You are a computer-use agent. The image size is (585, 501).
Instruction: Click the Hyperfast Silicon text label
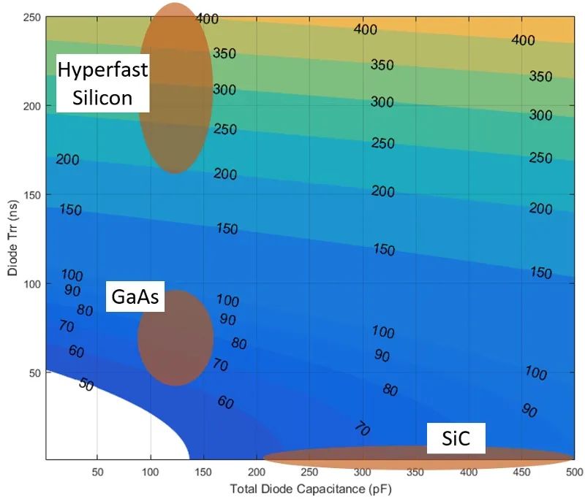(103, 83)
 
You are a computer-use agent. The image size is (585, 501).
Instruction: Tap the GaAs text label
(135, 297)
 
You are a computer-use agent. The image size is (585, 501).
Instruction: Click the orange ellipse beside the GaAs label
(175, 338)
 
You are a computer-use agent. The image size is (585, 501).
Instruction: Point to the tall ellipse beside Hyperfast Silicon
(176, 88)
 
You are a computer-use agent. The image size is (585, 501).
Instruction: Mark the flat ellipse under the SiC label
(417, 458)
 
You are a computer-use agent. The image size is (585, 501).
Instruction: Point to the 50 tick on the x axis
(97, 471)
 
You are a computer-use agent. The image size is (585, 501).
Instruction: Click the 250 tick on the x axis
(308, 471)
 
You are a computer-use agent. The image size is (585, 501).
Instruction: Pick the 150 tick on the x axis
(203, 471)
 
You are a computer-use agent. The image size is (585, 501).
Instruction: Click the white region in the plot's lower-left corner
(102, 424)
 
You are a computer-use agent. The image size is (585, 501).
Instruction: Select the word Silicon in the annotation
(103, 97)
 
